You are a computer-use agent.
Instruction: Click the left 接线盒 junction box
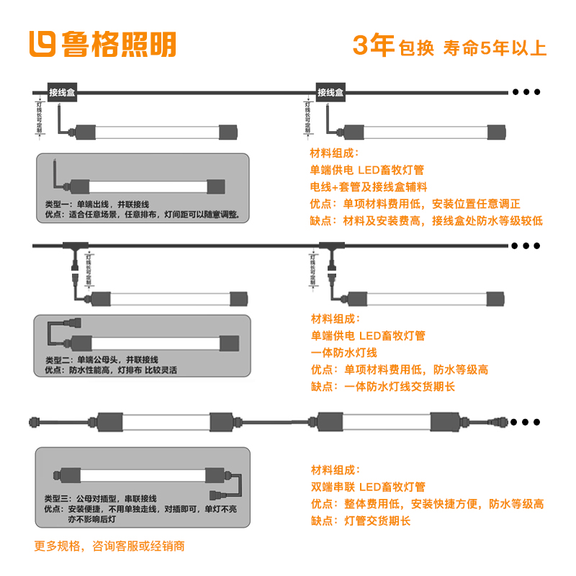(63, 92)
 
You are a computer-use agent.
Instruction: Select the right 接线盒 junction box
(330, 92)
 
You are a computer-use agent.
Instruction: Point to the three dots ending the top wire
(526, 92)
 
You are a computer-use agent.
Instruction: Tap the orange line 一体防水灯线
(343, 353)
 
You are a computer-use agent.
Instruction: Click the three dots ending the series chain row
(526, 421)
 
